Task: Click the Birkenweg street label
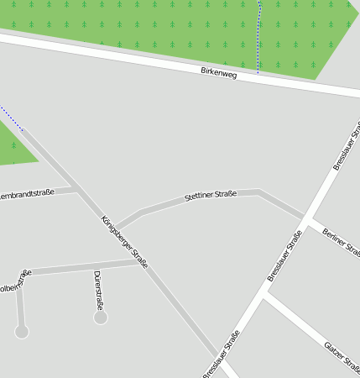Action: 219,74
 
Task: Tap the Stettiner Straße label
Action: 211,196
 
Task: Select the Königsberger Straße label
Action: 124,243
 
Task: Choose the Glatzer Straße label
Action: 343,356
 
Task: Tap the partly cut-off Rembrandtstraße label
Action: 26,194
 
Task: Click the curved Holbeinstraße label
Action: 15,281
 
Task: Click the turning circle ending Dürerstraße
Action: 101,318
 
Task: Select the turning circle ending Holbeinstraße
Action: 22,332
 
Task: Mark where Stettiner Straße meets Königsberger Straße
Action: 116,226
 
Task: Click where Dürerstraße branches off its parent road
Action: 95,268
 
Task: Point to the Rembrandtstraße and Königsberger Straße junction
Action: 78,188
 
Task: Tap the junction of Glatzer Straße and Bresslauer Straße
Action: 265,295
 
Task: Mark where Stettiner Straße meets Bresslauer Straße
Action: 305,217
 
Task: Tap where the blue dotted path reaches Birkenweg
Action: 258,71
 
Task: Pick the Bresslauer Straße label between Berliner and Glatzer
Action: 284,257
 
